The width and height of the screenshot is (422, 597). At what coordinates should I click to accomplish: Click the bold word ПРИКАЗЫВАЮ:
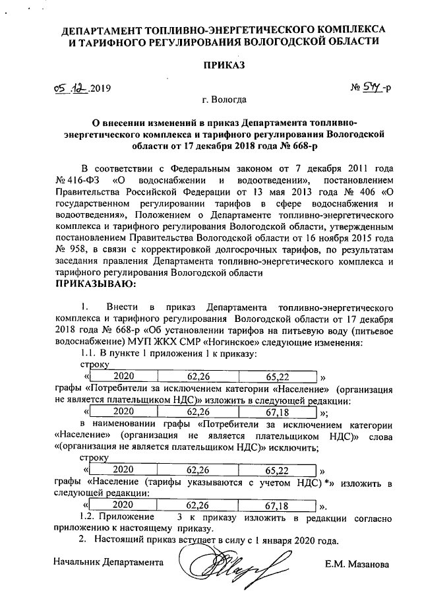click(x=94, y=284)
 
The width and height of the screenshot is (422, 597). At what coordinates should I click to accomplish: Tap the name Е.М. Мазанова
click(x=357, y=565)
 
